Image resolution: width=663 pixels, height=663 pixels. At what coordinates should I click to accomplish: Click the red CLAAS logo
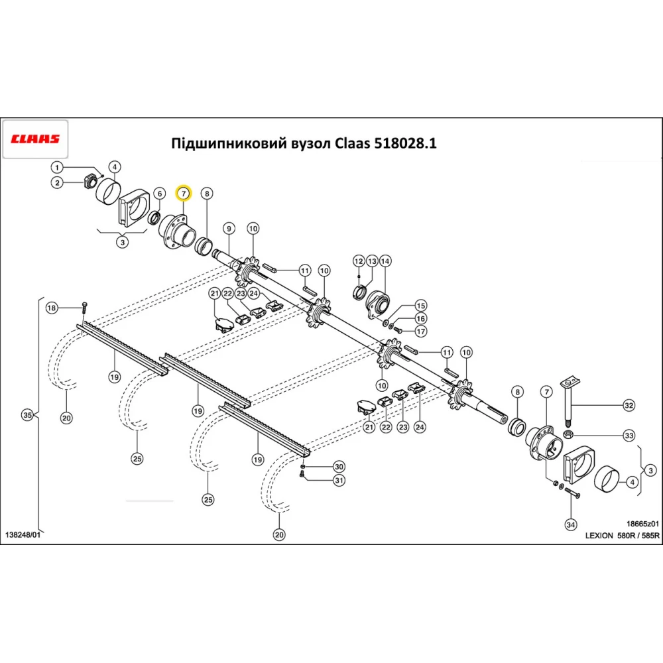pyautogui.click(x=35, y=139)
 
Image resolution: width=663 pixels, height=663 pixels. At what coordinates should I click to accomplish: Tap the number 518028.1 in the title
pyautogui.click(x=403, y=144)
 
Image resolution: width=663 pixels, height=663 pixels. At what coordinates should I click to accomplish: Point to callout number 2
pyautogui.click(x=58, y=183)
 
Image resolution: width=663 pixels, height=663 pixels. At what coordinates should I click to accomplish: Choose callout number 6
pyautogui.click(x=159, y=194)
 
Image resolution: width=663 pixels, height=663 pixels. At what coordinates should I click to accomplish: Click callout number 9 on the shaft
pyautogui.click(x=229, y=229)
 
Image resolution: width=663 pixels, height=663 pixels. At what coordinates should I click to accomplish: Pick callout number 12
pyautogui.click(x=358, y=261)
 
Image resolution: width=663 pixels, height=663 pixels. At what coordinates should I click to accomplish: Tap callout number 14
pyautogui.click(x=385, y=261)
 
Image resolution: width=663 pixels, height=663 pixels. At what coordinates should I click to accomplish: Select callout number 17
pyautogui.click(x=420, y=331)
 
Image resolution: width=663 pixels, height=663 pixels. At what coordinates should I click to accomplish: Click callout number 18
pyautogui.click(x=52, y=308)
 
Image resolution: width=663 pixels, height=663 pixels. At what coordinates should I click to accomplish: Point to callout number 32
pyautogui.click(x=629, y=405)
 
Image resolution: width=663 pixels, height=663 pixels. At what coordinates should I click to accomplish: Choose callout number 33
pyautogui.click(x=629, y=436)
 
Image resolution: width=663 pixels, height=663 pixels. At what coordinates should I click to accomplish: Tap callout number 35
pyautogui.click(x=27, y=416)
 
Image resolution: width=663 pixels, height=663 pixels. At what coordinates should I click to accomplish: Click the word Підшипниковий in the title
pyautogui.click(x=218, y=144)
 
